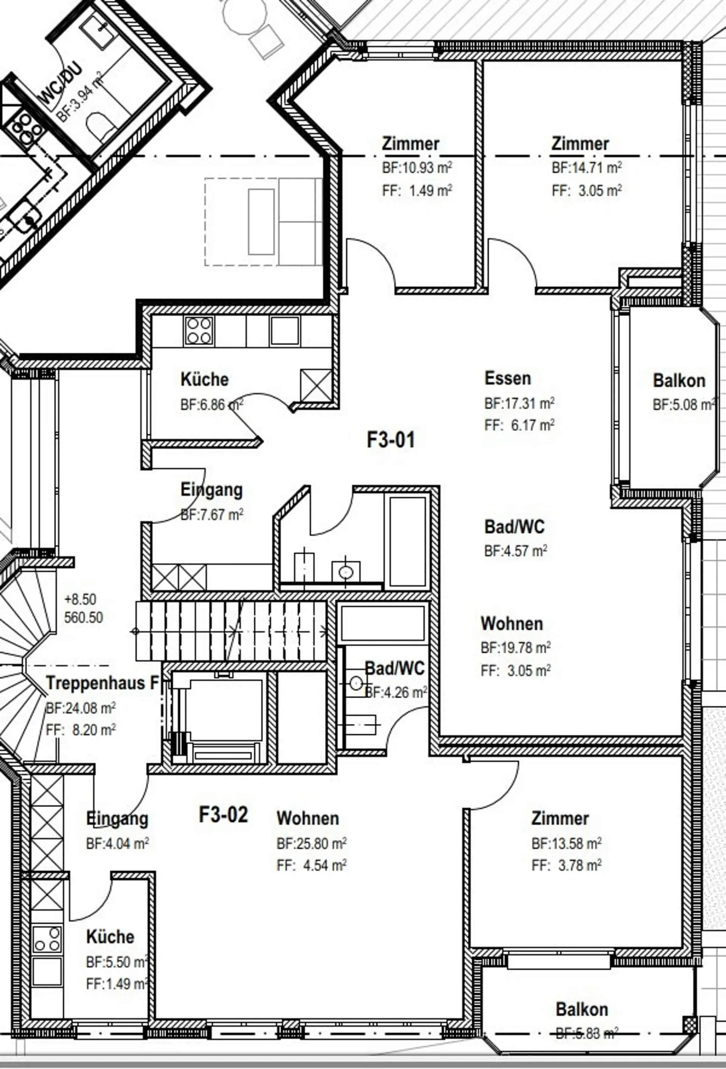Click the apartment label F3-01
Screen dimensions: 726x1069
tap(391, 439)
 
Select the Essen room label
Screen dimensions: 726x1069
tap(507, 378)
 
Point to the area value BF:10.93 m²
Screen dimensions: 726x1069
tap(417, 167)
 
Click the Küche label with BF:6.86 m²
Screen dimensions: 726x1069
tap(204, 380)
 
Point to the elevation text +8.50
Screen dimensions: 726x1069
tap(80, 600)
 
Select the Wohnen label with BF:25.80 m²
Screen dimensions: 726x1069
tap(308, 818)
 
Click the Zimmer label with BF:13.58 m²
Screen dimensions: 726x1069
tap(560, 818)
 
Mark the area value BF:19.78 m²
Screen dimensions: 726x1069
tap(516, 648)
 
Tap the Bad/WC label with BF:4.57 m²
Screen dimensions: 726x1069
tap(514, 526)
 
